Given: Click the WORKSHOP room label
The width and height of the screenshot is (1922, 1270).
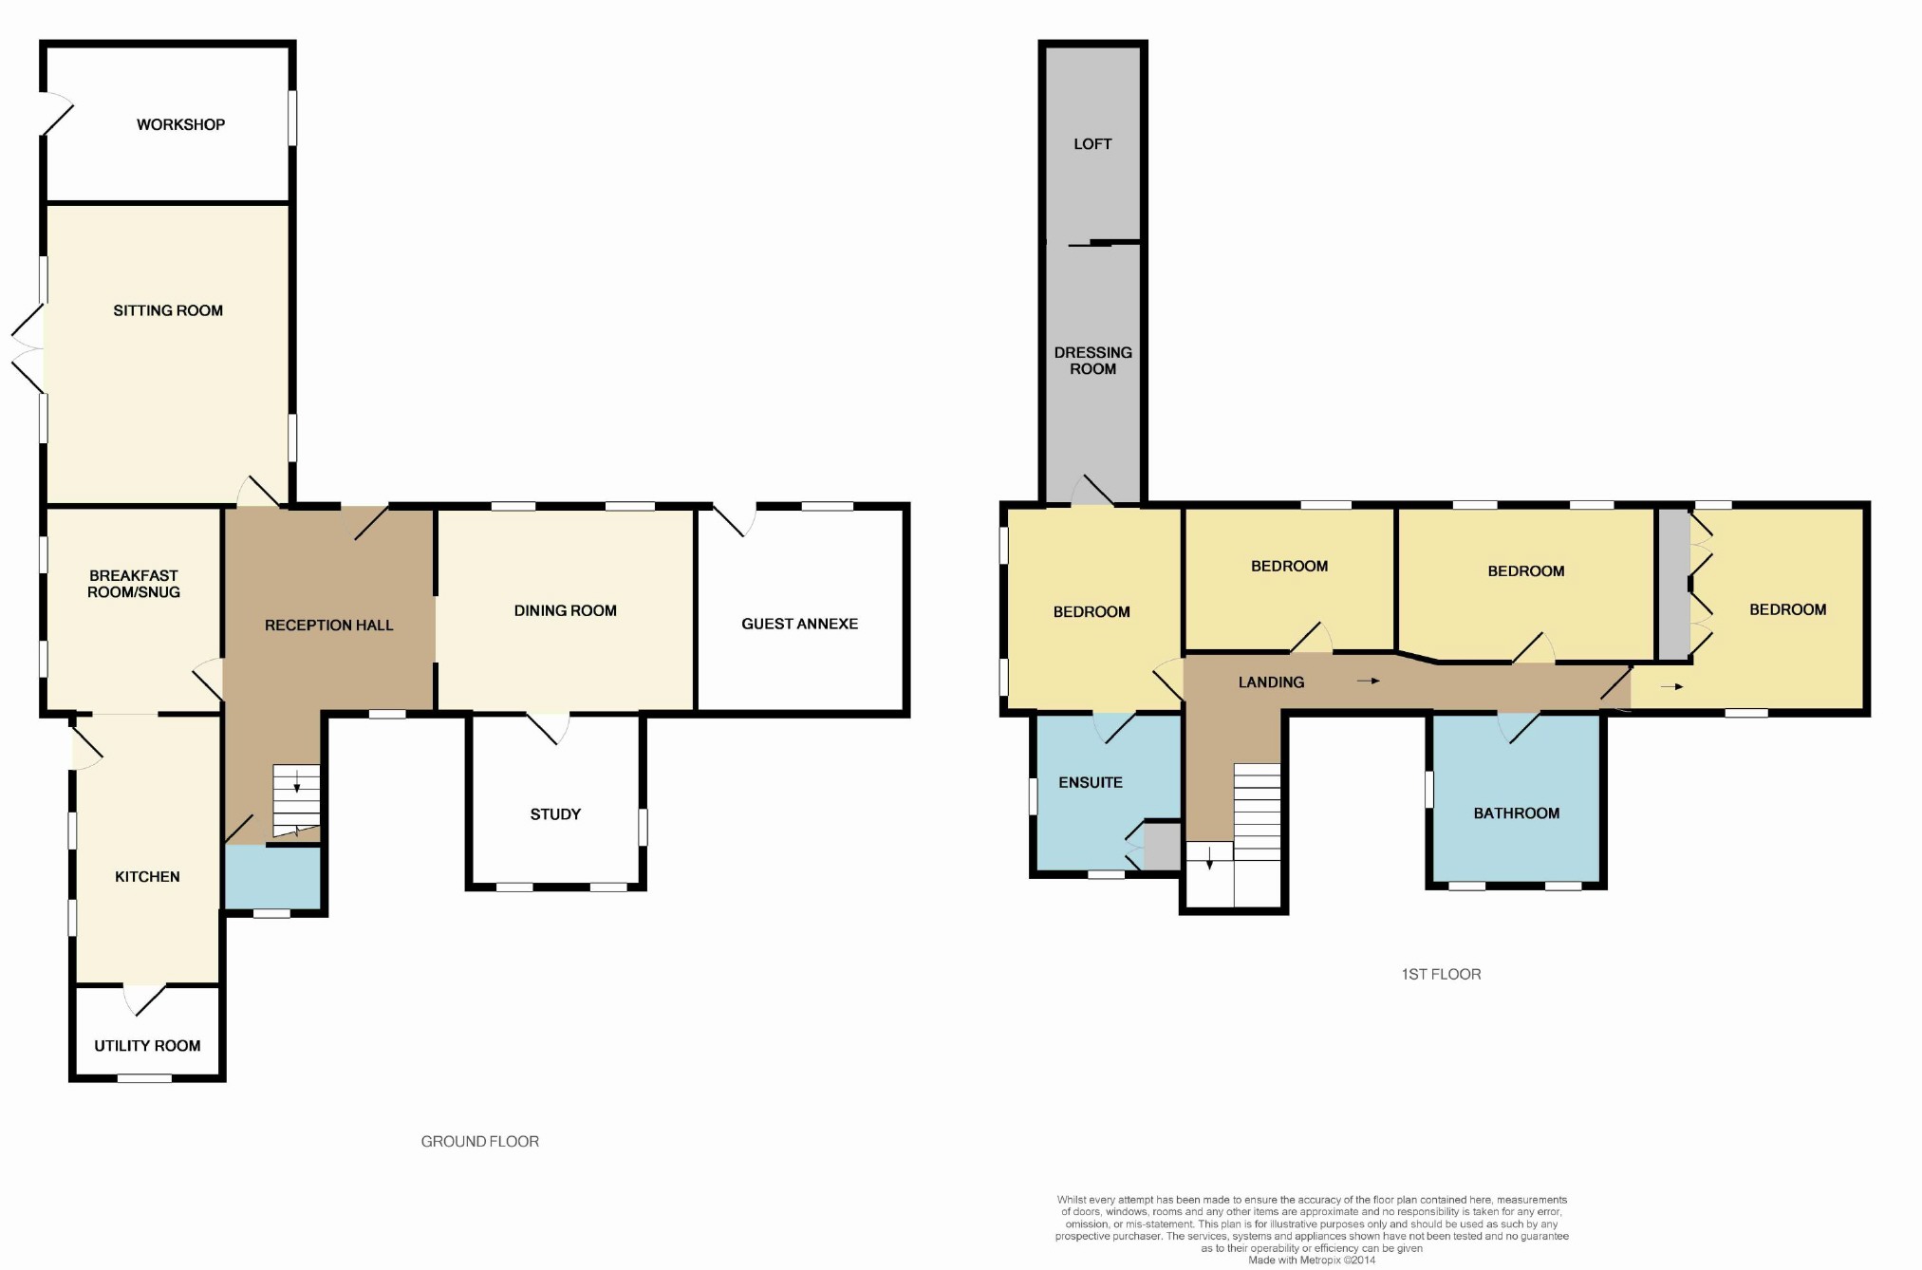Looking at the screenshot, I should point(180,124).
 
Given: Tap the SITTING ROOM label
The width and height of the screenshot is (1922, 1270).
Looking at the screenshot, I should point(168,310).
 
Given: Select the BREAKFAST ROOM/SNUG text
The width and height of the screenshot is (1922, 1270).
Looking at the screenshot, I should point(134,584).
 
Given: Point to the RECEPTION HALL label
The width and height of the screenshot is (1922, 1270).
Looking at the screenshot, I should point(328,626).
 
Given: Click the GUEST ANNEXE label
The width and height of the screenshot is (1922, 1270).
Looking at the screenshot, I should point(799,624).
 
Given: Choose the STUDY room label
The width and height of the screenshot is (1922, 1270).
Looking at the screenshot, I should point(555,814).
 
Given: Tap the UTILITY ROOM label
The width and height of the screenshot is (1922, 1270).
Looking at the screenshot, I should point(147,1046).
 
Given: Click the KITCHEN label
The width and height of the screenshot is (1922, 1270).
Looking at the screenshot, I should point(147,877).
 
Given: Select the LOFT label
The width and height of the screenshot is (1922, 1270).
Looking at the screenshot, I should point(1092,144).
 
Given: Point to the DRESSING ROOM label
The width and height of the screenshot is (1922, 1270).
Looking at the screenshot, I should point(1092,361).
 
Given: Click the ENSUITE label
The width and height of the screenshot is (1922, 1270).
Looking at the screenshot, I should point(1091,783).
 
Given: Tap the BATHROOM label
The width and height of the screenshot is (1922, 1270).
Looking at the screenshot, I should point(1516,813).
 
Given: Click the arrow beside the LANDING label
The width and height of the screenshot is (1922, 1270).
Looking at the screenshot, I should point(1368,682).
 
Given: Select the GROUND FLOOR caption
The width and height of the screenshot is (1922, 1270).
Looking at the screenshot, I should point(479,1142).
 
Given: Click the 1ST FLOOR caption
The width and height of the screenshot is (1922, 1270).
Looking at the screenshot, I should point(1441,974).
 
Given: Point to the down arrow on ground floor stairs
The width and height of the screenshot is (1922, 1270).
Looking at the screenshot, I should point(296,784).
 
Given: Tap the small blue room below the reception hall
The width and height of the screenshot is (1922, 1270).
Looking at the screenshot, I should point(272,878).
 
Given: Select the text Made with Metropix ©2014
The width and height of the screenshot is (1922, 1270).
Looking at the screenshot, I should point(1311,1260).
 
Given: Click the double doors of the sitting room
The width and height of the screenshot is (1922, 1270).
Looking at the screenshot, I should point(28,349).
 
